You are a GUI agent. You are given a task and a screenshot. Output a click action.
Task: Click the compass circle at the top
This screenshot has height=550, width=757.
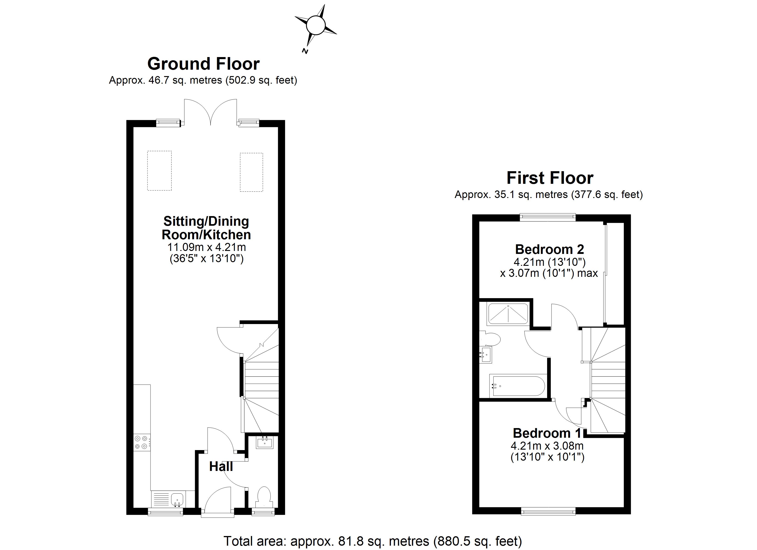coord(315,25)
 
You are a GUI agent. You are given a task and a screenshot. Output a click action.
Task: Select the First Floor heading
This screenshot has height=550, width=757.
coord(550,178)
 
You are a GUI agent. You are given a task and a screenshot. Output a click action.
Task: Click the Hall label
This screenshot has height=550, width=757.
coord(221,467)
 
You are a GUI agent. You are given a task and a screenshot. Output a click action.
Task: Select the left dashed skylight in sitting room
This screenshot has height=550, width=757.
coord(160,171)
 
